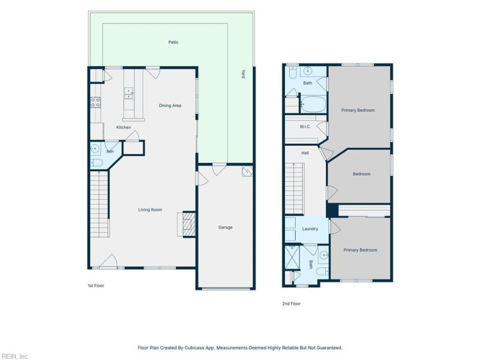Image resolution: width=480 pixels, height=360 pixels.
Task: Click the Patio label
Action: (x=173, y=42)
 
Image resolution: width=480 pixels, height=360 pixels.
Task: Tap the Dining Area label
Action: (x=170, y=106)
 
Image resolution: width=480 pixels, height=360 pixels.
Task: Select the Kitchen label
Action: (x=124, y=127)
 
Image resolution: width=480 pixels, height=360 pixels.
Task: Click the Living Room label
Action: (x=150, y=209)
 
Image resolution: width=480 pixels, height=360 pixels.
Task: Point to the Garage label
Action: (x=226, y=227)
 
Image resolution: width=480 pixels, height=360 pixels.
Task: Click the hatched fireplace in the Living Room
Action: (x=189, y=224)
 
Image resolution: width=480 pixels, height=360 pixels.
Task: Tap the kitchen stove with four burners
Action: (x=95, y=103)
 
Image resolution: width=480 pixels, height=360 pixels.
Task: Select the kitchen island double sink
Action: (x=128, y=94)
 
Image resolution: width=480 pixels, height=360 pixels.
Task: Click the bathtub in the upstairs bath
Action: (x=313, y=104)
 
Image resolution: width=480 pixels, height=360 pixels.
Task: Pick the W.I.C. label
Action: (x=305, y=127)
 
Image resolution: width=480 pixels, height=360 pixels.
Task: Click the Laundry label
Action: (x=310, y=229)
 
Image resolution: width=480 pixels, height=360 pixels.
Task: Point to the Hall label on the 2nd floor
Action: (x=305, y=153)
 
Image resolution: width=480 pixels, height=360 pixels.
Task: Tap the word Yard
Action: (x=243, y=74)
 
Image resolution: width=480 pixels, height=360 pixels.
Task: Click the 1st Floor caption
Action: (x=96, y=286)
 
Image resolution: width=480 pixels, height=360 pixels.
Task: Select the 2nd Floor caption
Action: (x=291, y=304)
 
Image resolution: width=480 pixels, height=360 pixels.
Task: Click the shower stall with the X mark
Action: (x=292, y=257)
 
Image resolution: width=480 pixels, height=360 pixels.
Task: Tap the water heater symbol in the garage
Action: (x=247, y=171)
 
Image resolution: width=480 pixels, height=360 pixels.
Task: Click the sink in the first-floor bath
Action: (x=95, y=149)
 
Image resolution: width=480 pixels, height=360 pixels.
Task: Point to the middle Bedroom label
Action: (x=362, y=174)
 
